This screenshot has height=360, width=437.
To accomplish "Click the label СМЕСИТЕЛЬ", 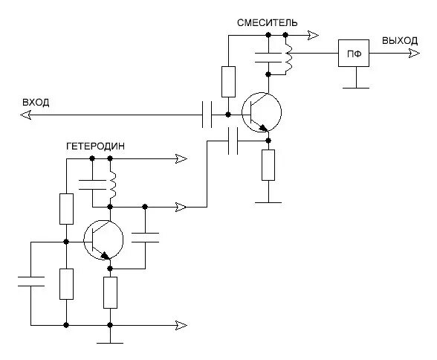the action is point(267,22).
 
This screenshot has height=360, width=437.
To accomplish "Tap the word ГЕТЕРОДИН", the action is point(95,146).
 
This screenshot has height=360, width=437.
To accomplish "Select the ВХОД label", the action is point(36,103).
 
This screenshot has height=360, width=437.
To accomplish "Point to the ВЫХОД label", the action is point(400,41).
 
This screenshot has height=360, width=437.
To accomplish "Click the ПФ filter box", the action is point(354,53).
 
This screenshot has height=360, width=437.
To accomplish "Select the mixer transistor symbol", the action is point(262,112).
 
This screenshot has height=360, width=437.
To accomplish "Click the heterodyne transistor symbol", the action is point(103,240).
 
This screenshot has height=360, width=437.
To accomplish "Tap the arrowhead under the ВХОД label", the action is point(25,115).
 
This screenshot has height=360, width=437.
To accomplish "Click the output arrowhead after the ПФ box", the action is point(415,53).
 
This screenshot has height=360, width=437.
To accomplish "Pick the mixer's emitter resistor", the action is point(268,165).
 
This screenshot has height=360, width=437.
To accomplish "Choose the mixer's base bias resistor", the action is point(228,82).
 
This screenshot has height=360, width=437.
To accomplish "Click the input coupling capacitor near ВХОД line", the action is point(207,115).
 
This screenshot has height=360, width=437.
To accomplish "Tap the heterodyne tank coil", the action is point(113,184).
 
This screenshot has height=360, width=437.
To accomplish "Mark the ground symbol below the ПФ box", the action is point(356,88).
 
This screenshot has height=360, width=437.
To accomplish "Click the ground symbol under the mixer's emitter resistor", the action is point(268,202).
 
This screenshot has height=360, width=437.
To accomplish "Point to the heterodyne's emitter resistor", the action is point(110,292).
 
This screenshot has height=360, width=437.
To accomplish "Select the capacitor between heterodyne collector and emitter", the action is point(145,237).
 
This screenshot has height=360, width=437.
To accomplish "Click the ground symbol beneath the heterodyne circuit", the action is point(110,343).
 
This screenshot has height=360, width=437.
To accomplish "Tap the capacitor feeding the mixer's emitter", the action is point(233,141).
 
